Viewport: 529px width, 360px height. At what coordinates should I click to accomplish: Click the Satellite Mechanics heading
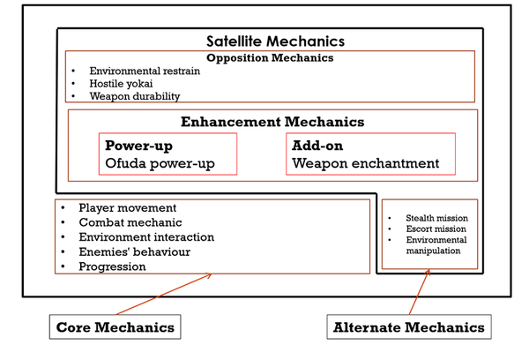[274, 41]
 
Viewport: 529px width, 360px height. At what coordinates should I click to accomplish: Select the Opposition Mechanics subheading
[269, 58]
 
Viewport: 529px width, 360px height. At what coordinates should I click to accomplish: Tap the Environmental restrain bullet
[145, 70]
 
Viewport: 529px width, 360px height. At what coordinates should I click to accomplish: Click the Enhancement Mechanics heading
[272, 122]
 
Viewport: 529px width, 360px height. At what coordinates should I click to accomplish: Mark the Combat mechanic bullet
[128, 222]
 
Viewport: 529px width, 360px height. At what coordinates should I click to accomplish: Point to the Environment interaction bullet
[146, 236]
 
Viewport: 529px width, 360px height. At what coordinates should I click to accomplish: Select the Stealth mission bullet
[436, 218]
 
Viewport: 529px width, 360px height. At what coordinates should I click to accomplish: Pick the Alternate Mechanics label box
[408, 327]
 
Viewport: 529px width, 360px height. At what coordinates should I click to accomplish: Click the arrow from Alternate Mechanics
[419, 292]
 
